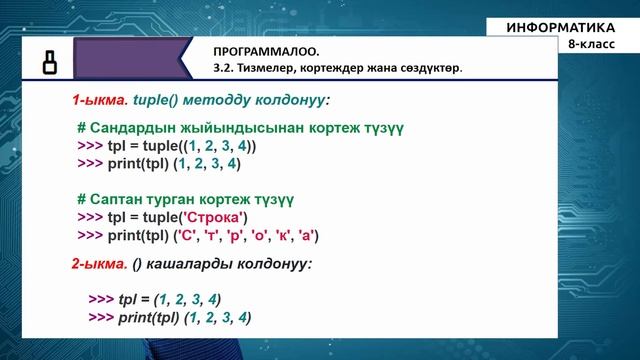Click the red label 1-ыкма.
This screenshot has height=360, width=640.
coord(96,101)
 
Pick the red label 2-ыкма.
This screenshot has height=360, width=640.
coord(96,265)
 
